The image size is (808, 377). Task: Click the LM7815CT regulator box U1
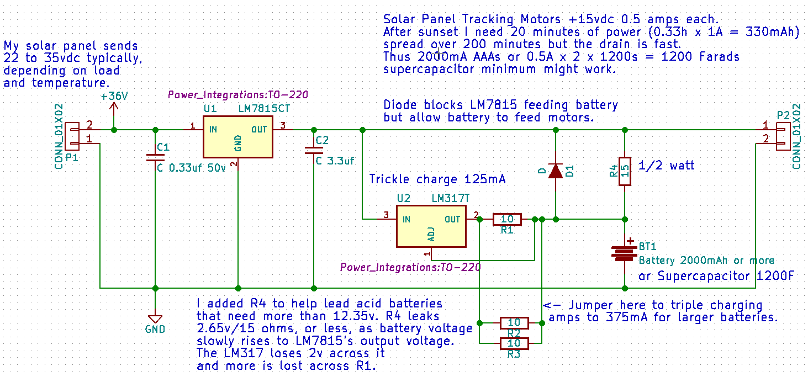(x=238, y=136)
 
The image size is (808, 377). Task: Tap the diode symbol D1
(x=556, y=171)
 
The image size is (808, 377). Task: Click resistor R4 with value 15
(x=625, y=171)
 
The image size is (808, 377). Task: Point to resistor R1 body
(x=506, y=219)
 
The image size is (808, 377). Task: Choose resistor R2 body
(x=514, y=323)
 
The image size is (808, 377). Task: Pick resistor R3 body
(x=514, y=344)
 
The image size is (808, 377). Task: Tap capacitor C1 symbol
(x=155, y=156)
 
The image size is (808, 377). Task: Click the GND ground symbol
(x=155, y=320)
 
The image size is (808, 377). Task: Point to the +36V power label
(x=114, y=96)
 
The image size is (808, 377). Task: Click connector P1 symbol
(x=72, y=136)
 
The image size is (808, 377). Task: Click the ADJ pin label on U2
(x=431, y=235)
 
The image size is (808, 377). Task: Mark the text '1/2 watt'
(x=666, y=165)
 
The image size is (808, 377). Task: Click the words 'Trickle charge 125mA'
(x=437, y=179)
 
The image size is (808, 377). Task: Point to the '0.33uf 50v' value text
(x=197, y=168)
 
